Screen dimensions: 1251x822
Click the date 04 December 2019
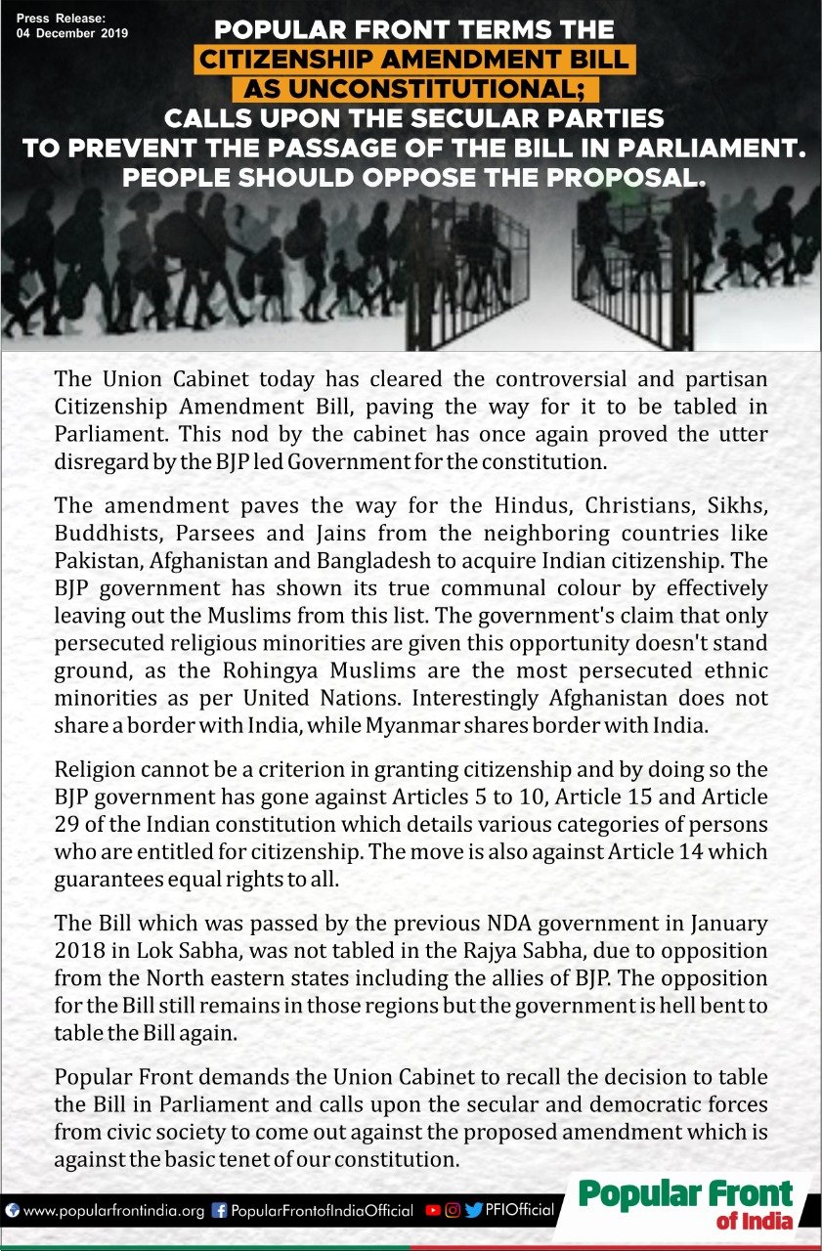click(72, 32)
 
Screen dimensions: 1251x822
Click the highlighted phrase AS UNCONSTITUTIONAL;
click(415, 90)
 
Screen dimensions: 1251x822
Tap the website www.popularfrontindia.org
click(112, 1210)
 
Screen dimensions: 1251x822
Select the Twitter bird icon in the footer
click(474, 1210)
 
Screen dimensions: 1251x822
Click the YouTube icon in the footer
click(433, 1210)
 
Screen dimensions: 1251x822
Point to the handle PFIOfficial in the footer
click(520, 1210)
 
